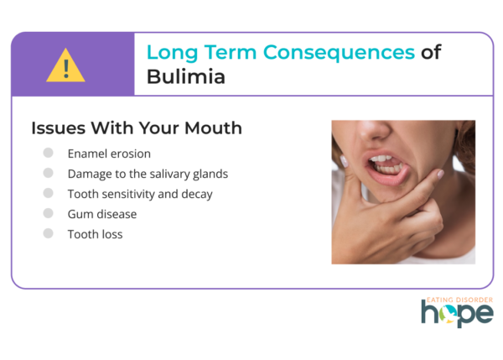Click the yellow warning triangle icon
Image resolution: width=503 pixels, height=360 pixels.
pos(65,65)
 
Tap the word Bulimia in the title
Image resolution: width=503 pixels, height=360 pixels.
pos(186,76)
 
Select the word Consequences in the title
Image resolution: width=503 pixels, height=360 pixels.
pos(339,53)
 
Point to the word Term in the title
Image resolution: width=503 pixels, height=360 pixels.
pos(231,52)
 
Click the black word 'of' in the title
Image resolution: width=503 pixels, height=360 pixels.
pos(431,52)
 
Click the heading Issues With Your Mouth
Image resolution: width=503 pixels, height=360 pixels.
pos(137,128)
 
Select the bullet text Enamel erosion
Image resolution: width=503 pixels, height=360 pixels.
pos(109,154)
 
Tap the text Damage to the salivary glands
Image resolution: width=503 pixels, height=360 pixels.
pos(148,174)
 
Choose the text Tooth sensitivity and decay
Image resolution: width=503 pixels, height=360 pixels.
pos(140,194)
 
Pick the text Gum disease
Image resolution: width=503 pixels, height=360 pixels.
pos(102,214)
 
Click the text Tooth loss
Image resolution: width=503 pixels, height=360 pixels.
pos(96,234)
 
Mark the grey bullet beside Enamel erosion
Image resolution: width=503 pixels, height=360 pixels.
pos(48,153)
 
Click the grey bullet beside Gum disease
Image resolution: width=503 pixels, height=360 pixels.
pos(48,213)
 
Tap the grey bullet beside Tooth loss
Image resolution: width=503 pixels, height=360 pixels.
pos(48,233)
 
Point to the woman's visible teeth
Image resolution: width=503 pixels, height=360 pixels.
pos(386,164)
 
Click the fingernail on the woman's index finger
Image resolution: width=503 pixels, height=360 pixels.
pos(440,174)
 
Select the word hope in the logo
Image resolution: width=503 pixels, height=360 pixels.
pos(457,313)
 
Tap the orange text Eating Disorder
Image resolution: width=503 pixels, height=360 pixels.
pos(459,300)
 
